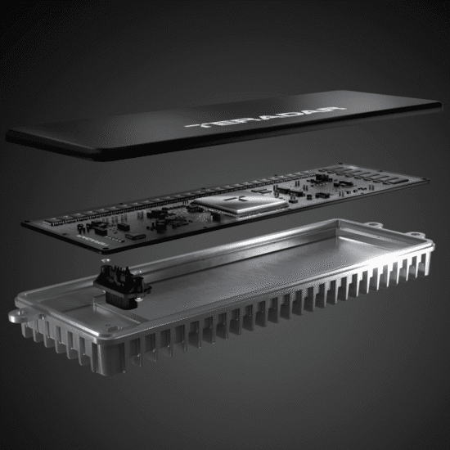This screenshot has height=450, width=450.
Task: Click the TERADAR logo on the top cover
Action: pyautogui.click(x=239, y=121)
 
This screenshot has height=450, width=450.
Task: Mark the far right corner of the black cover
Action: pyautogui.click(x=439, y=103)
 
